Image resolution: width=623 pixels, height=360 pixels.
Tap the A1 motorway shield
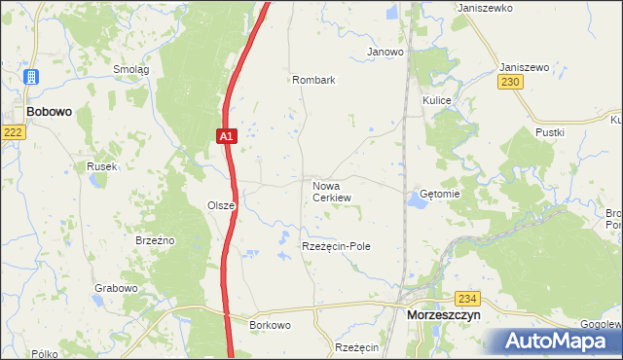225,137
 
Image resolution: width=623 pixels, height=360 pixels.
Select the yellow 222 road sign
12,132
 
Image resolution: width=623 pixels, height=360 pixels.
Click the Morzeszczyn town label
444,315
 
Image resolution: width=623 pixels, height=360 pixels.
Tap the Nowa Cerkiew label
331,191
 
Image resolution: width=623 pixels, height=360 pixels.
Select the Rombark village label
313,81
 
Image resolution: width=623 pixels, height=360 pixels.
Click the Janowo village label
385,52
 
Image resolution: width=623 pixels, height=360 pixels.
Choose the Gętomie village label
439,194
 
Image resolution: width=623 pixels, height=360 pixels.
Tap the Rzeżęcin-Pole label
336,247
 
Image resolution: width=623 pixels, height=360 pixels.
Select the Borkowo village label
270,324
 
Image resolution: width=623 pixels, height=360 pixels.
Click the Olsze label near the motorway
220,205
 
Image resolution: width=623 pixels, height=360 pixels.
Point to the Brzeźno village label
154,239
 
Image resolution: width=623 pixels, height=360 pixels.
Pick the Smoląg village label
130,69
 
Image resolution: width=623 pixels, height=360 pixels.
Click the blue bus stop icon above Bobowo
31,77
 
